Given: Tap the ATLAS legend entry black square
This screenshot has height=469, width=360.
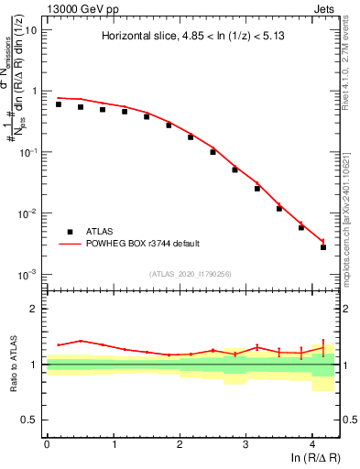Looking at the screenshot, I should coord(69,232).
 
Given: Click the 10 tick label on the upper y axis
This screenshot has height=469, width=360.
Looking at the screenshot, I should coord(30,29).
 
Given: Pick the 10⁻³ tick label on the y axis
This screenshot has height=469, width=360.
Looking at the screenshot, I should coord(27,274).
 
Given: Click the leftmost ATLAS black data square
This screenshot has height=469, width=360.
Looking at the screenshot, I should coord(58,104).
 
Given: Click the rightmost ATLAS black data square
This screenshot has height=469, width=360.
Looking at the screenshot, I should coord(323,247).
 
